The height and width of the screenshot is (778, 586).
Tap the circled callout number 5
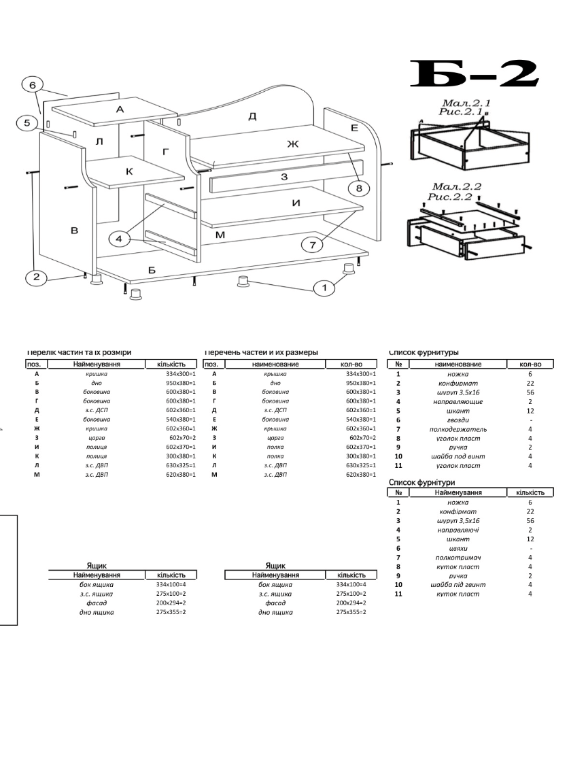pos(27,123)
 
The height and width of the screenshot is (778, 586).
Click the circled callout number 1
pos(324,288)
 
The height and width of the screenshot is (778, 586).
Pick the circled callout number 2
pos(35,277)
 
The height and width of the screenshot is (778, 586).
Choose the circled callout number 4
pos(118,239)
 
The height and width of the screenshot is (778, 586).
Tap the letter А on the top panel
pos(120,109)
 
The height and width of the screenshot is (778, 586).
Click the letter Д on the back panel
pos(252,116)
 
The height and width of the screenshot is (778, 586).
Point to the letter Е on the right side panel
pos(354,127)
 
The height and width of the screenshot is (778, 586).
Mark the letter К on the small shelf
pos(129,171)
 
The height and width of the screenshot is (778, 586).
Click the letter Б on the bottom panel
pos(152,271)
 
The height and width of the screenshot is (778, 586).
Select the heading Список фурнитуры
pos(424,352)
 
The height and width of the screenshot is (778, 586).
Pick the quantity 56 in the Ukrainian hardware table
pos(530,520)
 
